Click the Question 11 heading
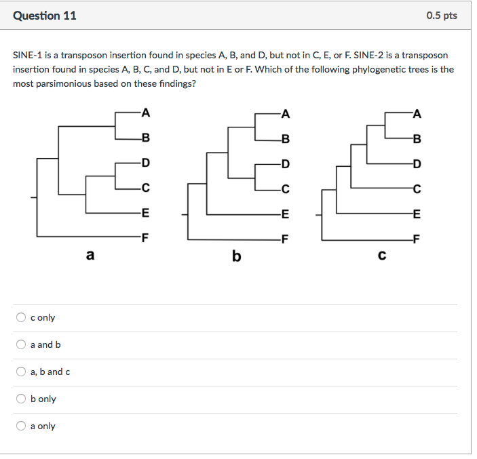(45, 16)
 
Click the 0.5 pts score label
(442, 16)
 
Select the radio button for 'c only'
(22, 317)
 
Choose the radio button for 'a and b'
(22, 344)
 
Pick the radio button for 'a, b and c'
(22, 372)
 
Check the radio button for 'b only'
(22, 399)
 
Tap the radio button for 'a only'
(22, 426)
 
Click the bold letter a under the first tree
(90, 256)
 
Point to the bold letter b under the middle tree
(236, 256)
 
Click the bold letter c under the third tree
(382, 256)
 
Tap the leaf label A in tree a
(145, 113)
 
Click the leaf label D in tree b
(286, 163)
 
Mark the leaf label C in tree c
(417, 188)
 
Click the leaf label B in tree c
(417, 139)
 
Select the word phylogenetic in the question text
(355, 69)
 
